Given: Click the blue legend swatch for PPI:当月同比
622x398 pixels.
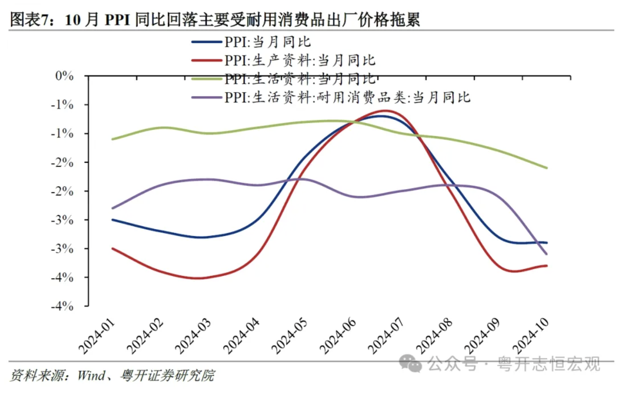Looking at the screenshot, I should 206,42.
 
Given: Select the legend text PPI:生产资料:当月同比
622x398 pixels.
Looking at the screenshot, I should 300,60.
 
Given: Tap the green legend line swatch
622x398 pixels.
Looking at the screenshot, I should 206,78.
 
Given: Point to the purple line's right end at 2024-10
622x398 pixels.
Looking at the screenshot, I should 546,254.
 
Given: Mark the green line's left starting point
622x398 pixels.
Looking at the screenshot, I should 112,139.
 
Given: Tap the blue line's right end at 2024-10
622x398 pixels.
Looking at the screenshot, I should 546,243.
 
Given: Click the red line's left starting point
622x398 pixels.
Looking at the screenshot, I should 112,248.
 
